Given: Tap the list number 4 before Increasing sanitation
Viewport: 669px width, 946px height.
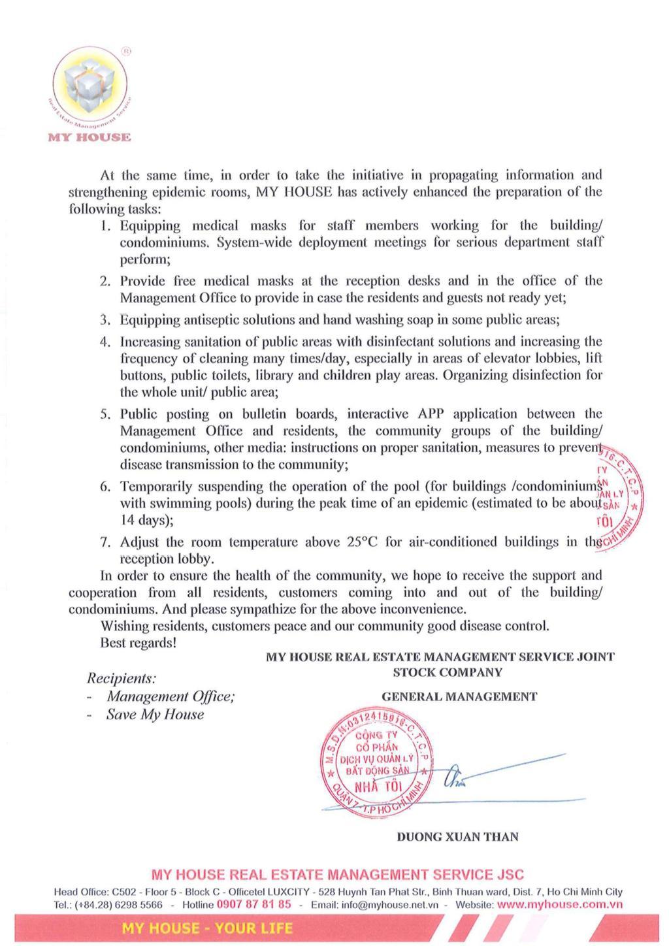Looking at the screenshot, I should pyautogui.click(x=105, y=342).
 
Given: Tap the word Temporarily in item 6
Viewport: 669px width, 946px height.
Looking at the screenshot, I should pyautogui.click(x=156, y=487).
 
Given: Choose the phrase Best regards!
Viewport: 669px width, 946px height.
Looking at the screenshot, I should pyautogui.click(x=138, y=643).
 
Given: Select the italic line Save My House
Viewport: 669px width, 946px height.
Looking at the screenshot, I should pyautogui.click(x=155, y=715).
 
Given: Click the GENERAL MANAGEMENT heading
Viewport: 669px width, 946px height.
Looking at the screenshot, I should pyautogui.click(x=459, y=696).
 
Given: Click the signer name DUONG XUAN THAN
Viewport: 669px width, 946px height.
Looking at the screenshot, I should pyautogui.click(x=457, y=837).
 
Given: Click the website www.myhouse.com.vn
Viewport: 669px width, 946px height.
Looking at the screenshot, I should pyautogui.click(x=560, y=905).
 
